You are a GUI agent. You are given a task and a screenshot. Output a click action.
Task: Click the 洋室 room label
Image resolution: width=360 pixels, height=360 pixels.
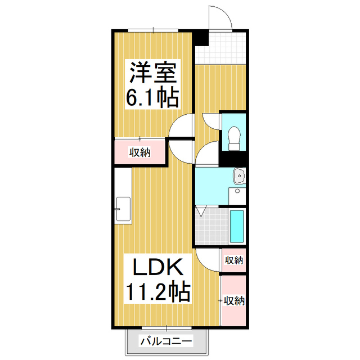point(154,73)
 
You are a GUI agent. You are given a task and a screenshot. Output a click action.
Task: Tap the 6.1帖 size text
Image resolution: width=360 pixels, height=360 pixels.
point(152,98)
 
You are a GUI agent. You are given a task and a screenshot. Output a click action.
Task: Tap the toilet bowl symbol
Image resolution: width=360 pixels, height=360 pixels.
point(234,137)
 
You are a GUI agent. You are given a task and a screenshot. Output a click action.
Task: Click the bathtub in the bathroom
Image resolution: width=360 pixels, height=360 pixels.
point(237,226)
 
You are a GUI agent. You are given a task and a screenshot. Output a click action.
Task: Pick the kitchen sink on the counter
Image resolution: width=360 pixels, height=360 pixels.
point(123,209)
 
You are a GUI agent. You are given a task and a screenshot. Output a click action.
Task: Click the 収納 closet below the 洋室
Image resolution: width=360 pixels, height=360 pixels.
point(140,152)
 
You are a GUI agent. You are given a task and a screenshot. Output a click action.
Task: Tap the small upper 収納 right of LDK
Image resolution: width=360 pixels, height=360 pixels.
point(234,260)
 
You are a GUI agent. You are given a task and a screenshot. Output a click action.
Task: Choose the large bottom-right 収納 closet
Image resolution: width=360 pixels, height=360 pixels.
point(234,300)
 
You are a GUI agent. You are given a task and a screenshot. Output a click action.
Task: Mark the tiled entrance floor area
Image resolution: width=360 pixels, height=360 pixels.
point(221,48)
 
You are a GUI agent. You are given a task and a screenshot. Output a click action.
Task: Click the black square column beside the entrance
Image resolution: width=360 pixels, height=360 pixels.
point(201,38)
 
